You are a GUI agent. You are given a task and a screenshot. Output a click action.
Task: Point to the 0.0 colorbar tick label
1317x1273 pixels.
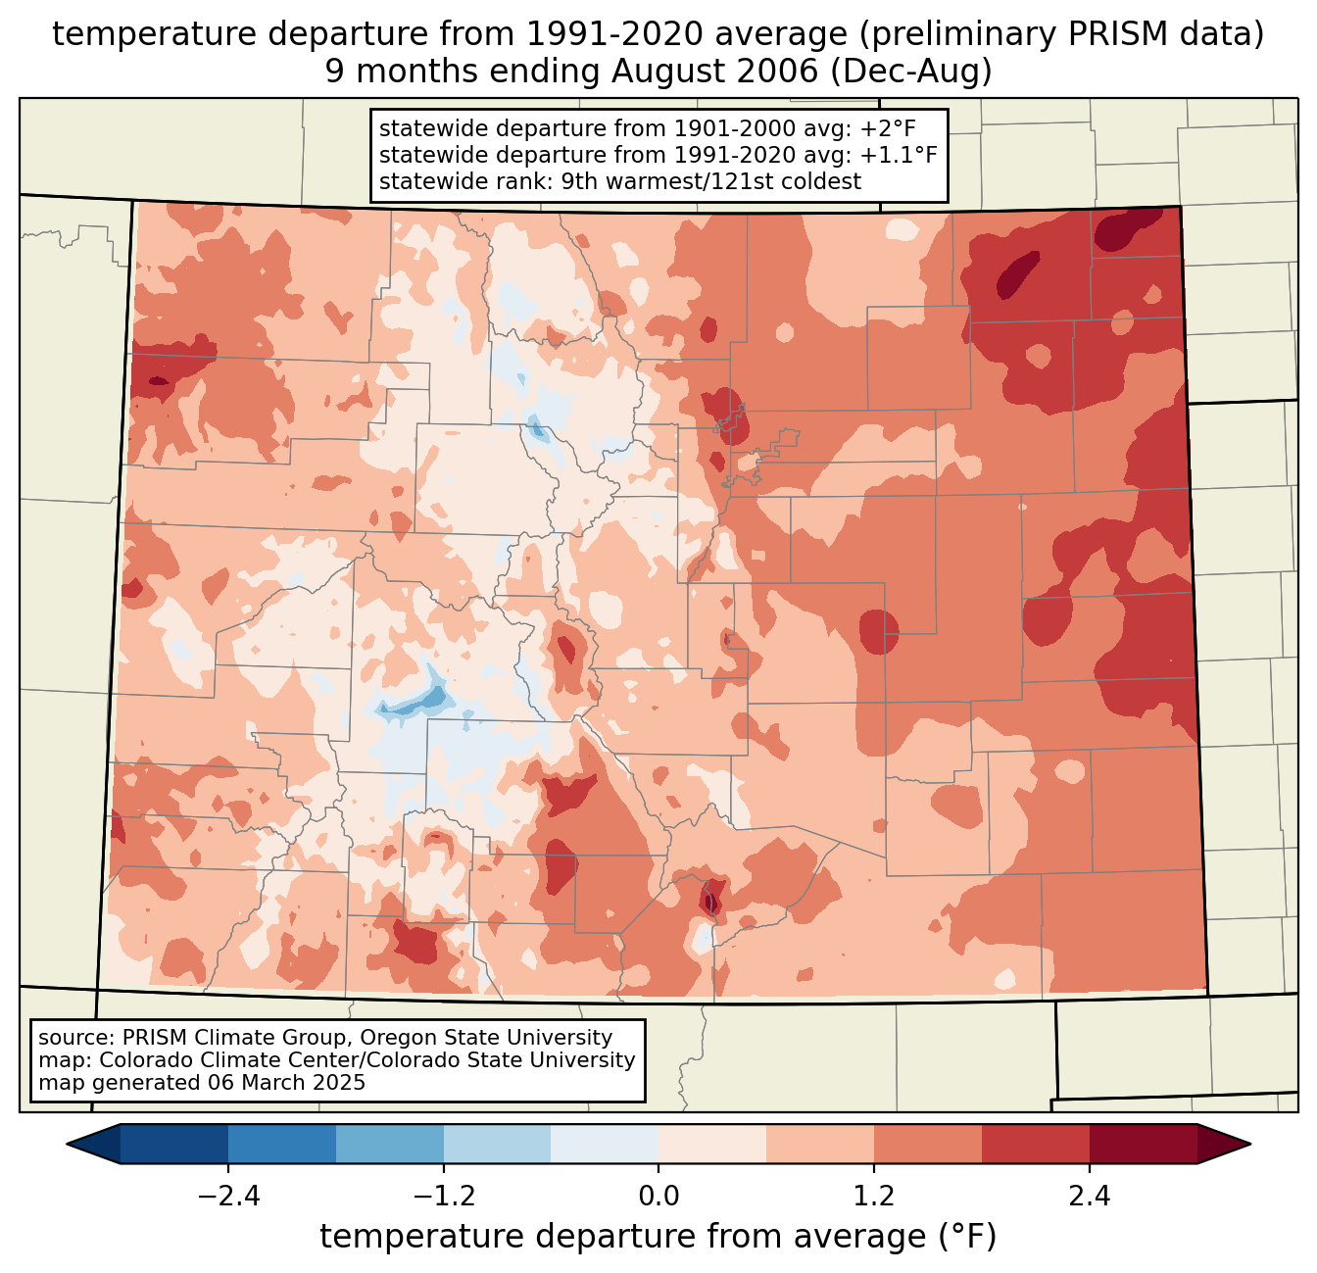point(658,1197)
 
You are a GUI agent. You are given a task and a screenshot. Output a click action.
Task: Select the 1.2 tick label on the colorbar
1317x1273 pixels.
point(874,1197)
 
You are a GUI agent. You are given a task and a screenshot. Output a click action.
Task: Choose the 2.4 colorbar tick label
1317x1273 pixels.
point(1090,1197)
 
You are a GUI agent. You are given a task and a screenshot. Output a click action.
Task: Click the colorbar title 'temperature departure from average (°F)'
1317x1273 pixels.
point(658,1237)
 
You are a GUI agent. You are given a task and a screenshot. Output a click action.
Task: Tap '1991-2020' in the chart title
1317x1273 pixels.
point(593,34)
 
